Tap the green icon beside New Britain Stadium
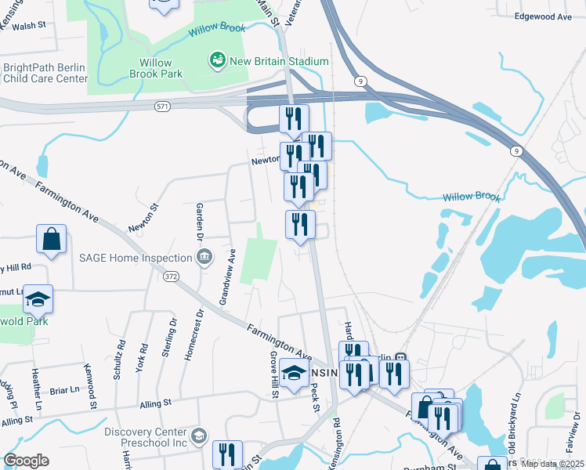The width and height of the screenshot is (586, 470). click(216, 60)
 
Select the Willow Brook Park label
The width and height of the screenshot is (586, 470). click(161, 68)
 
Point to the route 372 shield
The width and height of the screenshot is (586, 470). click(169, 277)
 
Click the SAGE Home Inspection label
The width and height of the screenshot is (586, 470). click(136, 258)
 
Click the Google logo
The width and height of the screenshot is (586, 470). click(26, 461)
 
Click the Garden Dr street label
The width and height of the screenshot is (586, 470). click(200, 221)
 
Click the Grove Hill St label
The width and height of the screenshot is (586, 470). click(275, 374)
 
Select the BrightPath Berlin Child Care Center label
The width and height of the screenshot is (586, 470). click(45, 74)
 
